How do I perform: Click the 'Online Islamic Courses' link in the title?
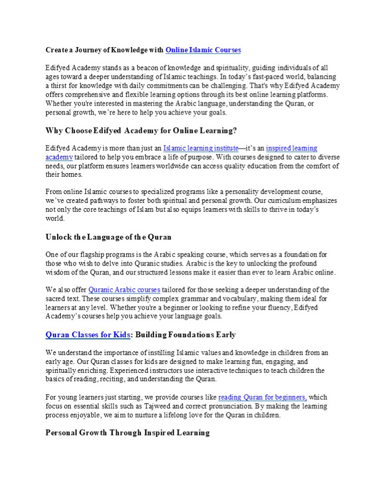click(x=203, y=50)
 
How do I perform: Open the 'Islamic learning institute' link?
click(x=201, y=149)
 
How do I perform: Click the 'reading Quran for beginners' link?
click(x=262, y=397)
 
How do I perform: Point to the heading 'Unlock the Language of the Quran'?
click(x=108, y=236)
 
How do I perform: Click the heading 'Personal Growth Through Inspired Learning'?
click(x=128, y=432)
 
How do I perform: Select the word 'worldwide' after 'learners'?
click(x=198, y=166)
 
